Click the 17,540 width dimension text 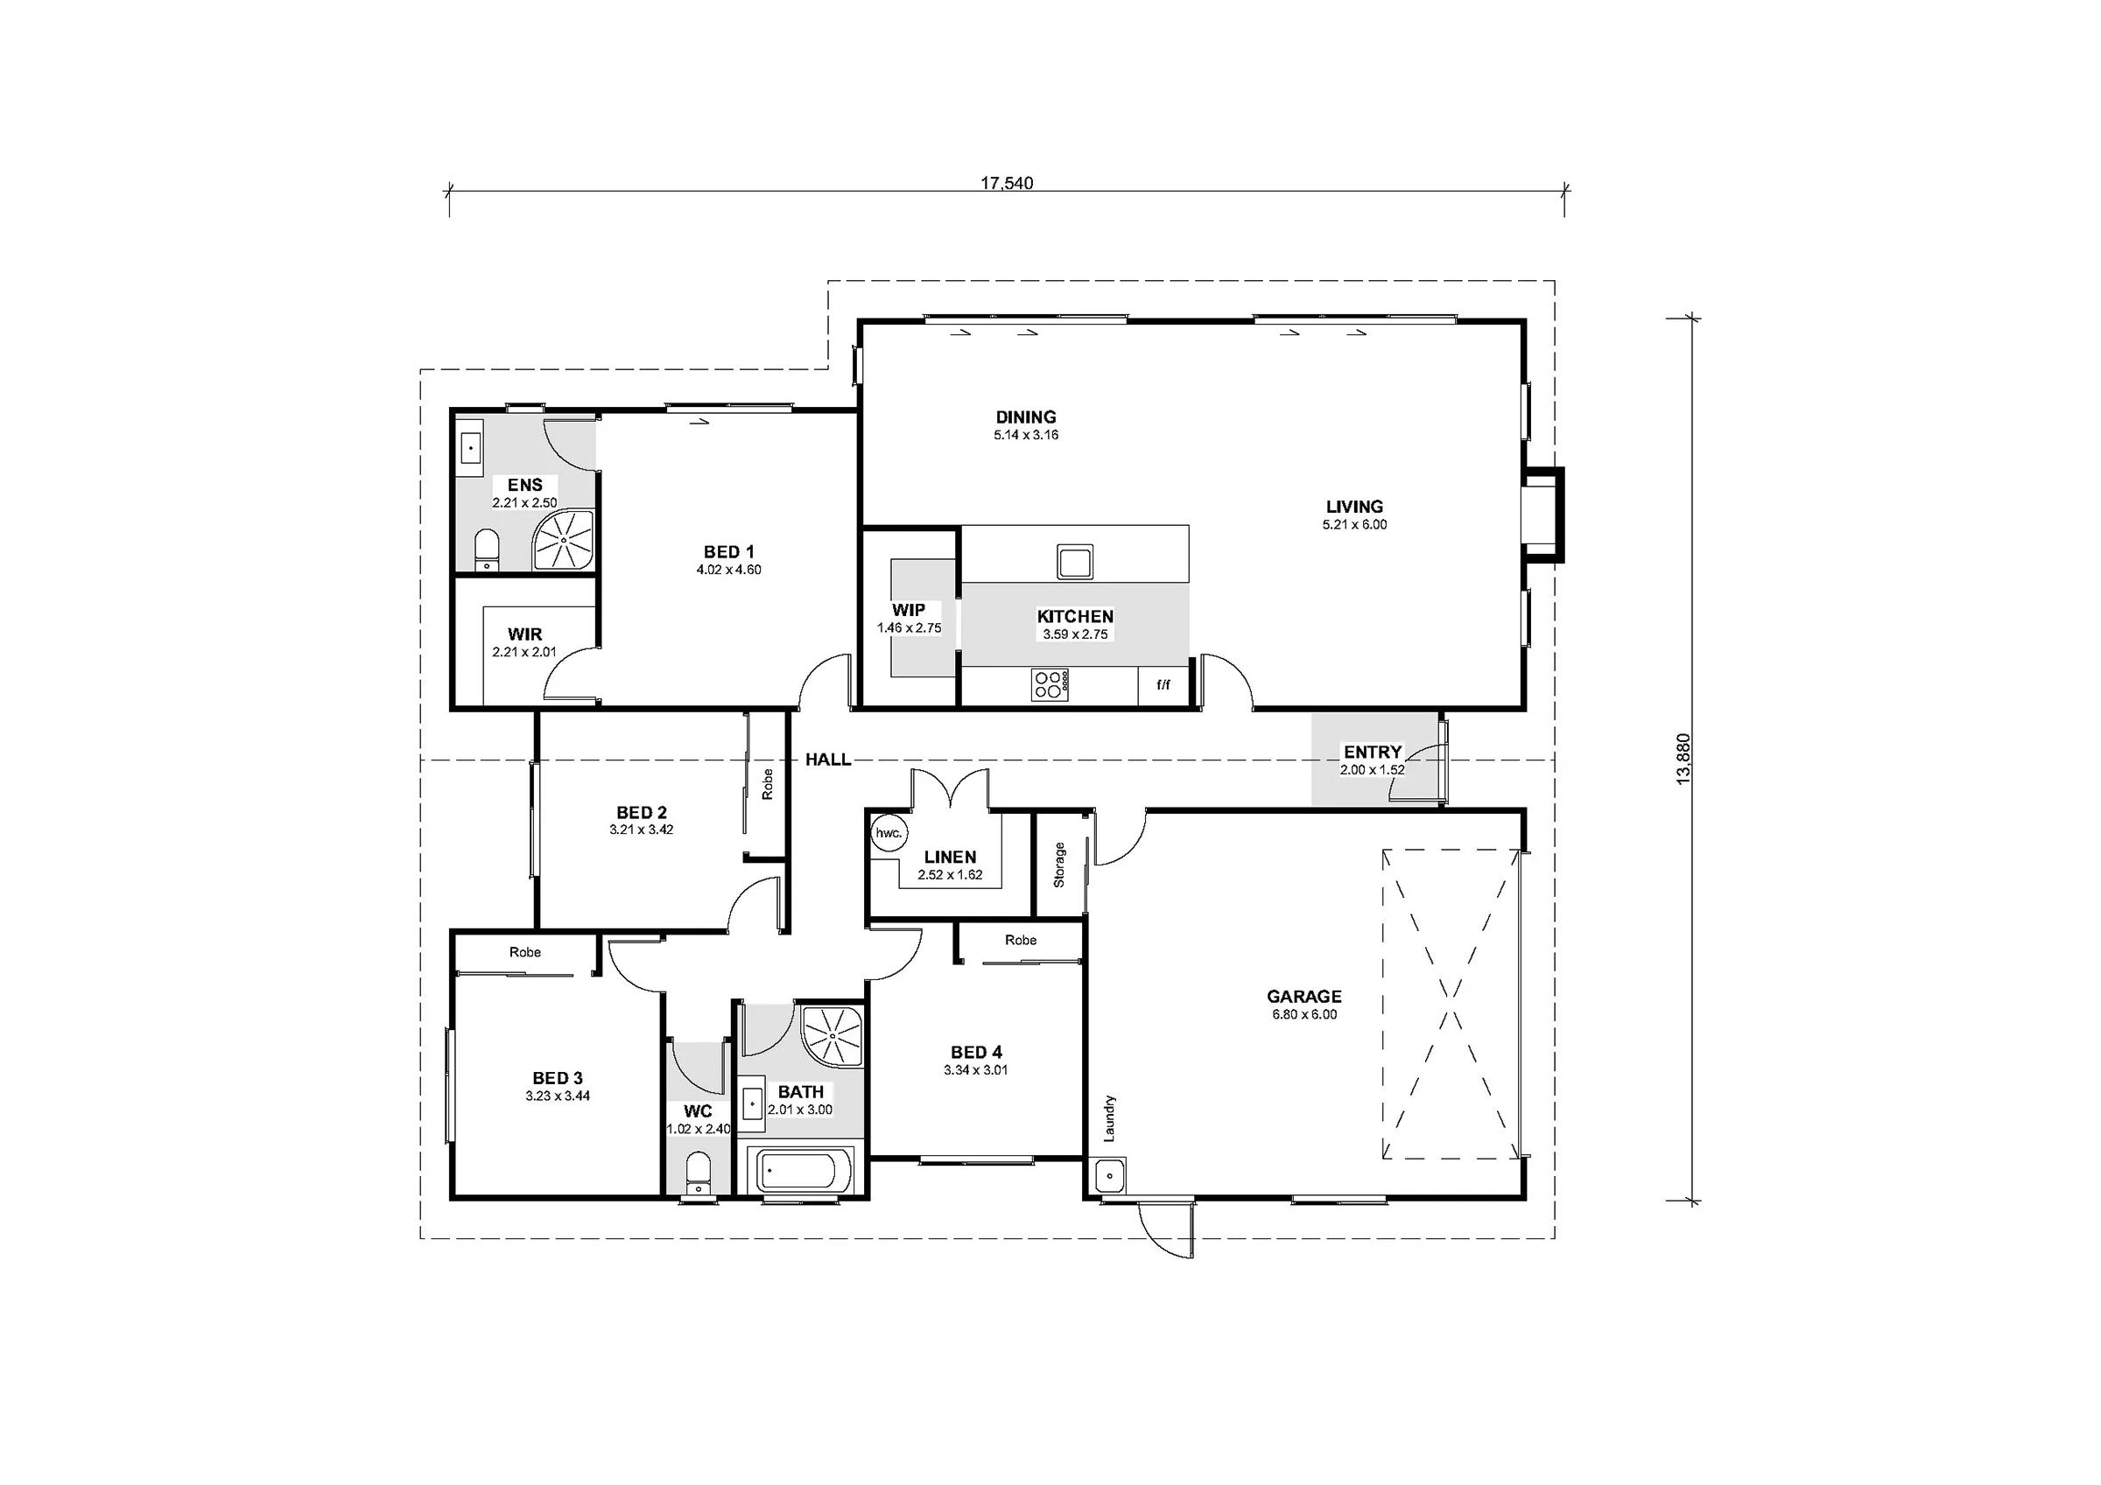click(x=1007, y=183)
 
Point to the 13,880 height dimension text click(x=1683, y=760)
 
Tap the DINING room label click(x=1026, y=417)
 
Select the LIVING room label click(x=1354, y=507)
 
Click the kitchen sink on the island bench click(x=1074, y=561)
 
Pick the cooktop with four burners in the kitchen click(x=1050, y=684)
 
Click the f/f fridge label click(x=1163, y=684)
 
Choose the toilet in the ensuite click(x=487, y=549)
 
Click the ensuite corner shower click(x=564, y=541)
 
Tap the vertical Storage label click(x=1059, y=865)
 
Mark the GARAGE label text click(x=1304, y=997)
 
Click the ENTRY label click(x=1373, y=752)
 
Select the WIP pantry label click(x=909, y=610)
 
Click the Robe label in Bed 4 click(x=1021, y=940)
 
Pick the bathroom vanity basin click(x=751, y=1104)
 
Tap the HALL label click(x=828, y=760)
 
